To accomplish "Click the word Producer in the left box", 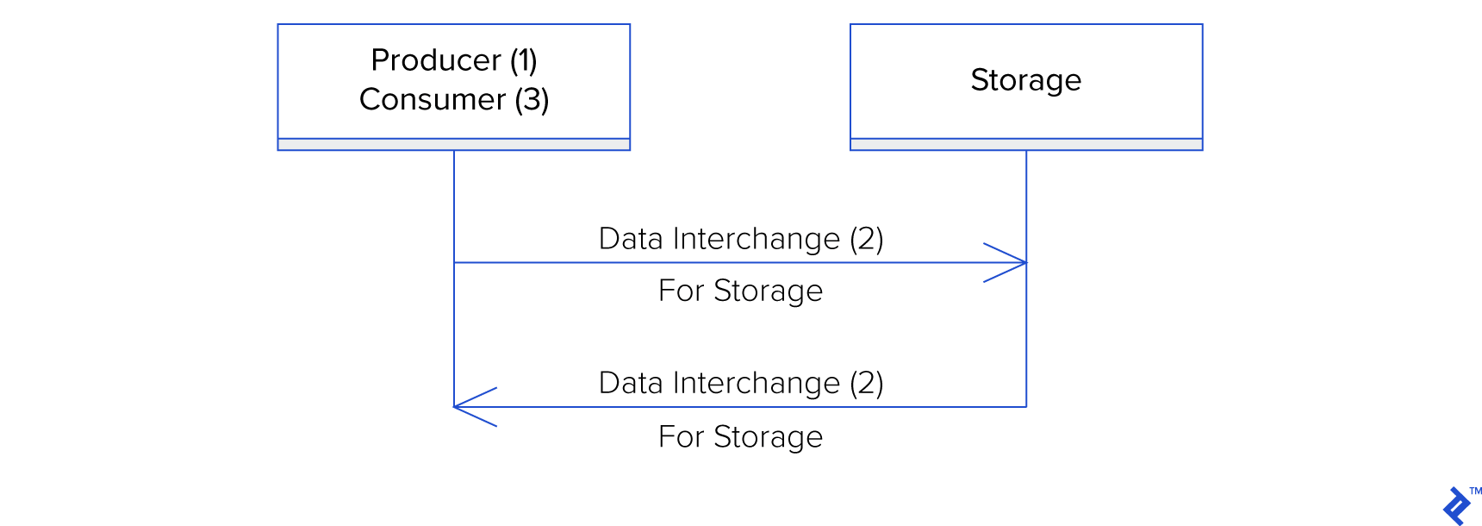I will tap(436, 60).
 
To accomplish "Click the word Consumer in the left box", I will tap(432, 100).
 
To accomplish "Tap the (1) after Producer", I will tap(523, 60).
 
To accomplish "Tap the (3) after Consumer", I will tap(532, 100).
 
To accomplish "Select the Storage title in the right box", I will tap(1025, 80).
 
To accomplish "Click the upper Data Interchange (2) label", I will tap(741, 239).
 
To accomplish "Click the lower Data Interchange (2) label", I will tap(741, 383).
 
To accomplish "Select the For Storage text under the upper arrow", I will tap(740, 291).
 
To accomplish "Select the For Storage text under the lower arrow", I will tap(740, 437).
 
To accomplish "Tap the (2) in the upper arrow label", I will tap(866, 239).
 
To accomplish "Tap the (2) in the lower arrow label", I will tap(866, 383).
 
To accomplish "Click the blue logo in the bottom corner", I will tap(1456, 506).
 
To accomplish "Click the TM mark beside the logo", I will tap(1475, 491).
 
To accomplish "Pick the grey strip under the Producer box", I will tap(454, 145).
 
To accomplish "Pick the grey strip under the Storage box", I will tap(1025, 145).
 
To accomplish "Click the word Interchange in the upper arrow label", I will tap(756, 239).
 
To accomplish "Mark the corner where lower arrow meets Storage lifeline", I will tap(1026, 406).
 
